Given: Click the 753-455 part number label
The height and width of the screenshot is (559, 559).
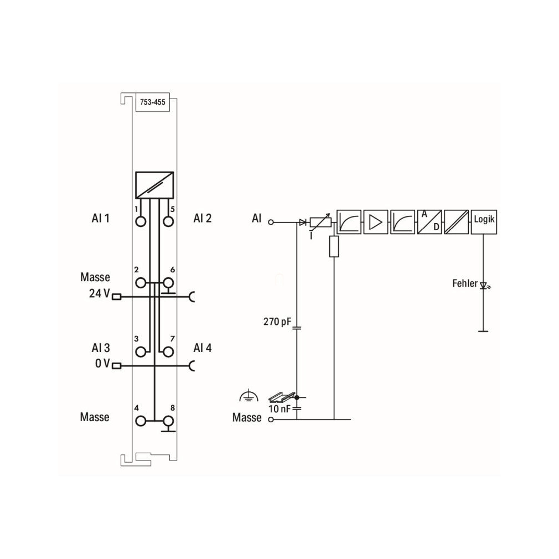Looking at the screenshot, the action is click(x=153, y=102).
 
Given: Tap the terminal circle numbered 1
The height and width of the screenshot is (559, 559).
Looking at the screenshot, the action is click(x=141, y=221).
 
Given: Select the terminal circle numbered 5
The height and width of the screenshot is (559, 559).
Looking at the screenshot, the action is click(x=168, y=221).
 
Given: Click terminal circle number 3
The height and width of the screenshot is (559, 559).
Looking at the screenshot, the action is click(x=141, y=352).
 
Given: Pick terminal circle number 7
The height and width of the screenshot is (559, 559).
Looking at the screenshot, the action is click(x=168, y=352).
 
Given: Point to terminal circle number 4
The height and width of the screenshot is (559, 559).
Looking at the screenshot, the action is click(x=141, y=421).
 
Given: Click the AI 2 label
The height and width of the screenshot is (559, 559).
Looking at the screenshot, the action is click(x=203, y=218).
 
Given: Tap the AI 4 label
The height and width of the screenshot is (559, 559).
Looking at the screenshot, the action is click(x=203, y=348).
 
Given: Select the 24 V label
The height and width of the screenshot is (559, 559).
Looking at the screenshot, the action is click(x=100, y=293).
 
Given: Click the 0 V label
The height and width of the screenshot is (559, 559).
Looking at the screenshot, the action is click(x=103, y=363).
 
